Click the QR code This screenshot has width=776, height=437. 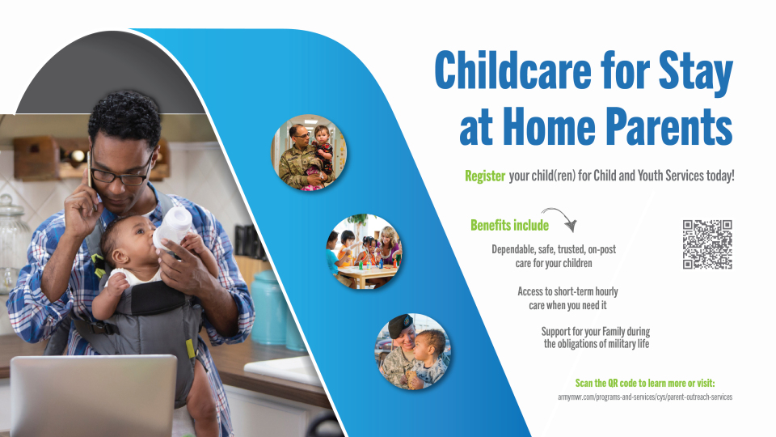(x=707, y=244)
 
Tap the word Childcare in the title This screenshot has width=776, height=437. (x=512, y=70)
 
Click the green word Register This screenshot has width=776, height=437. (x=485, y=176)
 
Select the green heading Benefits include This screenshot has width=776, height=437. (x=509, y=226)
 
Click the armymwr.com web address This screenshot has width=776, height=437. (x=645, y=397)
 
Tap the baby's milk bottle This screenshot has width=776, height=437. (x=172, y=228)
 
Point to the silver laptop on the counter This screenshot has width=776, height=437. (x=93, y=396)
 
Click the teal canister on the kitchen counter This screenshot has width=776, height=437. (x=269, y=308)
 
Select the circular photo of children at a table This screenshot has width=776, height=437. (x=364, y=251)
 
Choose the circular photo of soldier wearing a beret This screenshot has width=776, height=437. (x=413, y=351)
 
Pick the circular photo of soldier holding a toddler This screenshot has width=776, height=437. (x=309, y=153)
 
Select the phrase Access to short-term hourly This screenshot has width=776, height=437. (x=567, y=291)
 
